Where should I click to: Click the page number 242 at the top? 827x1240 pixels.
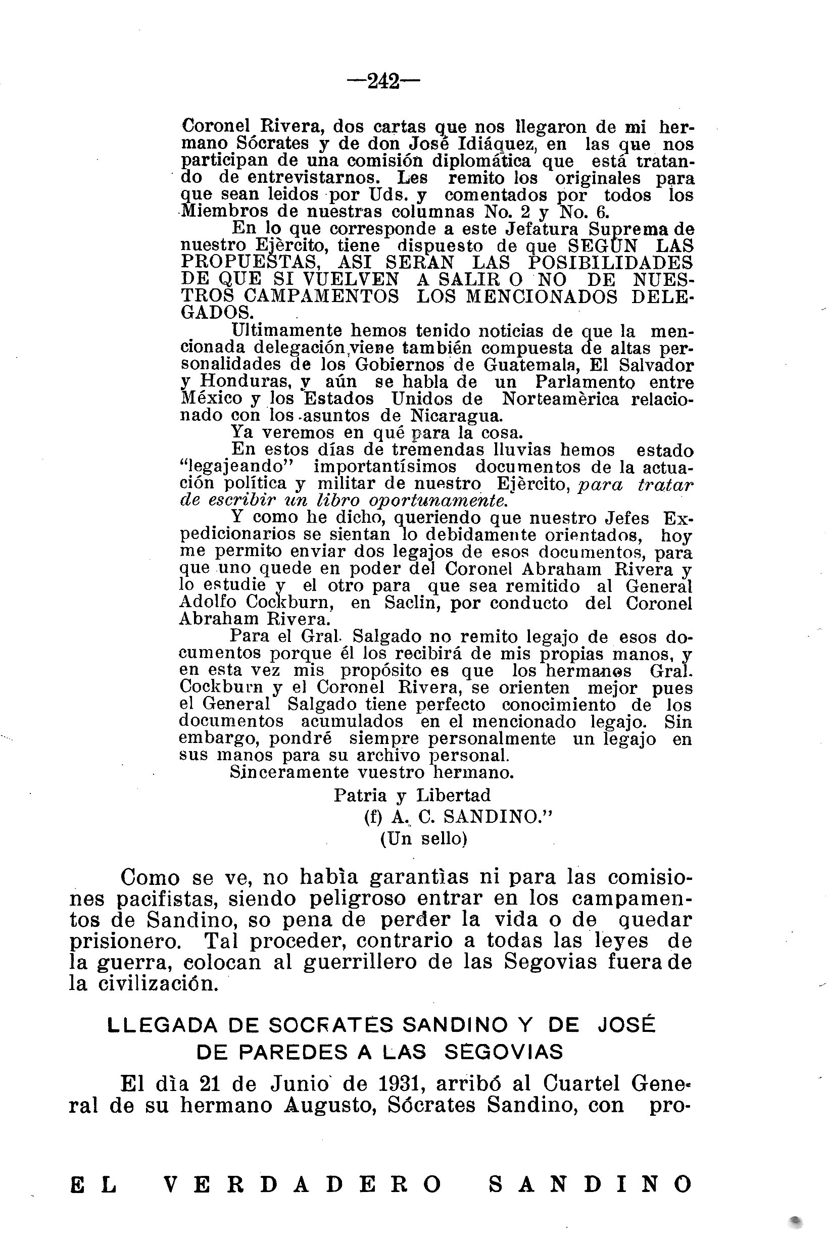(383, 82)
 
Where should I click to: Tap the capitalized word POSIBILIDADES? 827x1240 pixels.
(611, 263)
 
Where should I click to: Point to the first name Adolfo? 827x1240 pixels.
(208, 604)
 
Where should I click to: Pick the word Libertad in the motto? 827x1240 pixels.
(454, 796)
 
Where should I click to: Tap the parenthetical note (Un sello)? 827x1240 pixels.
(424, 839)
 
